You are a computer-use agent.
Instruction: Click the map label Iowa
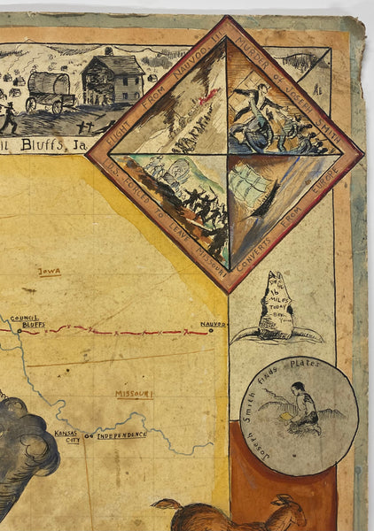[50, 272]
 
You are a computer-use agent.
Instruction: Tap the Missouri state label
[135, 393]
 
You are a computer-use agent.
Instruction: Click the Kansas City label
[67, 435]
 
